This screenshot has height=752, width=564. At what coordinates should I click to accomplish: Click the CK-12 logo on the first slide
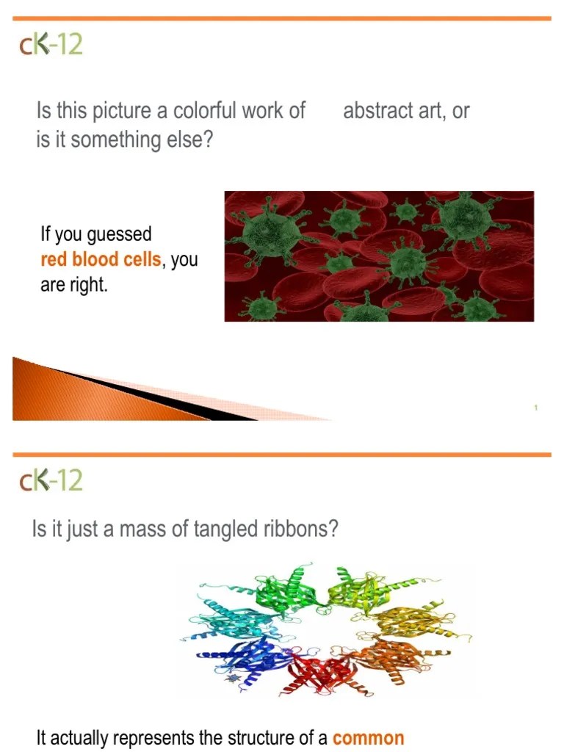51,45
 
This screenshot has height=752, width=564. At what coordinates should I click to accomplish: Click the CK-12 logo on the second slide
51,481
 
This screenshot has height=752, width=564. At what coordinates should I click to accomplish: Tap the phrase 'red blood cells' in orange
100,260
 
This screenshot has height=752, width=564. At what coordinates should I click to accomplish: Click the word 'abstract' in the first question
375,111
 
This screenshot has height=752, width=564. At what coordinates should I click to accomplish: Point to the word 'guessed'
119,235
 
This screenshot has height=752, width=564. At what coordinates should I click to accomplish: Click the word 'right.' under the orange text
89,285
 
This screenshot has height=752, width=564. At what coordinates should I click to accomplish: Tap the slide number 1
536,408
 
